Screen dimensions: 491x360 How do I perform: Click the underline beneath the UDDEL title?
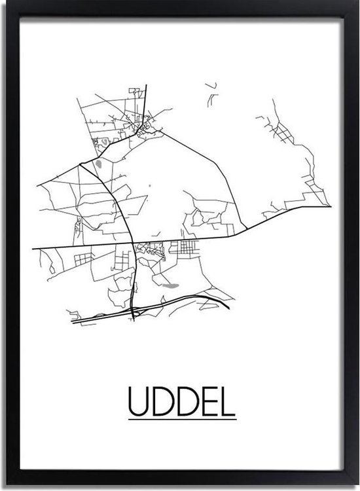coord(181,420)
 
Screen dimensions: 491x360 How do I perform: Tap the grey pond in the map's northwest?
coord(99,164)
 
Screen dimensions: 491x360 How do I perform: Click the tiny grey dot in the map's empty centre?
coord(149,186)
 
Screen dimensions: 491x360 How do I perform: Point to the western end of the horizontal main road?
coord(34,248)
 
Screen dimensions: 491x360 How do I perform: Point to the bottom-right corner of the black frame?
coord(355,486)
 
